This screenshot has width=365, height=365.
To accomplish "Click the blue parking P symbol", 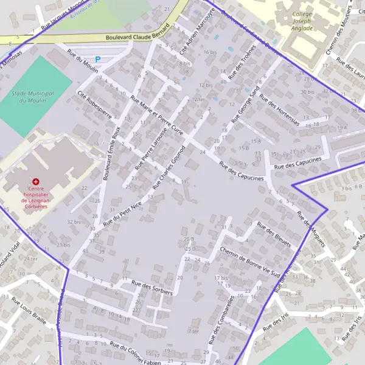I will [97, 60].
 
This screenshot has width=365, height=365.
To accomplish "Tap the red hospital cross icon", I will [36, 182].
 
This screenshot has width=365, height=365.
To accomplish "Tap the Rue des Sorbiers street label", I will [152, 288].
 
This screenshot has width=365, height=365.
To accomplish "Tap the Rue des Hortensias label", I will [279, 109].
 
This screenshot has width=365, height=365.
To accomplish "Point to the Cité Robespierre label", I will [94, 103].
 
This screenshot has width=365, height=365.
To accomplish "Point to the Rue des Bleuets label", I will [274, 234].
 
